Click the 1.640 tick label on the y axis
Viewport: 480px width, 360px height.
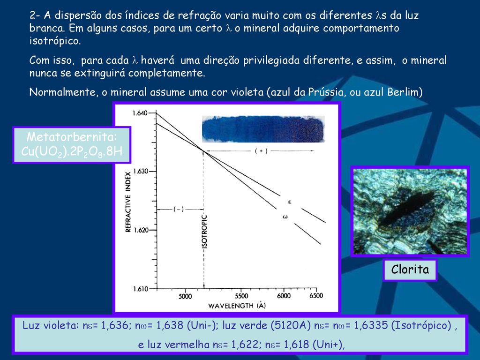[x=140, y=113]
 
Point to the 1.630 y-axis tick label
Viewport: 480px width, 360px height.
[x=141, y=172]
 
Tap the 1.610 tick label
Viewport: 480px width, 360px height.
[x=141, y=289]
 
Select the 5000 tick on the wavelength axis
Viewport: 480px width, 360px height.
[x=185, y=296]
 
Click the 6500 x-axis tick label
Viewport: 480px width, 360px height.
[x=316, y=296]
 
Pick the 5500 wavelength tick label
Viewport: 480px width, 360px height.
[x=241, y=296]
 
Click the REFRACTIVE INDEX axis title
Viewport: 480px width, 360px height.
[x=128, y=202]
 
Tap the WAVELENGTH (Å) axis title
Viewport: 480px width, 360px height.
[x=237, y=305]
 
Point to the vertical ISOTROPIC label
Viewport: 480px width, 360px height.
[x=205, y=232]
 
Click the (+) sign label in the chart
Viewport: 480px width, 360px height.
[x=261, y=151]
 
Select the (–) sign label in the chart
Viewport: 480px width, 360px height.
[x=179, y=210]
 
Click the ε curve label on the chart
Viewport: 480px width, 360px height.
[x=290, y=202]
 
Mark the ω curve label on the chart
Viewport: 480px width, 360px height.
[x=285, y=217]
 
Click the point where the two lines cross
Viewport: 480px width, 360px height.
[x=203, y=150]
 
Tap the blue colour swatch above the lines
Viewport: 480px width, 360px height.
[x=263, y=129]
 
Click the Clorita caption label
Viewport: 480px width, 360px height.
[x=410, y=270]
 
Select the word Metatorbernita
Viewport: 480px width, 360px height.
[x=72, y=137]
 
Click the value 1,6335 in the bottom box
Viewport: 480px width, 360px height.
[x=371, y=325]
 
